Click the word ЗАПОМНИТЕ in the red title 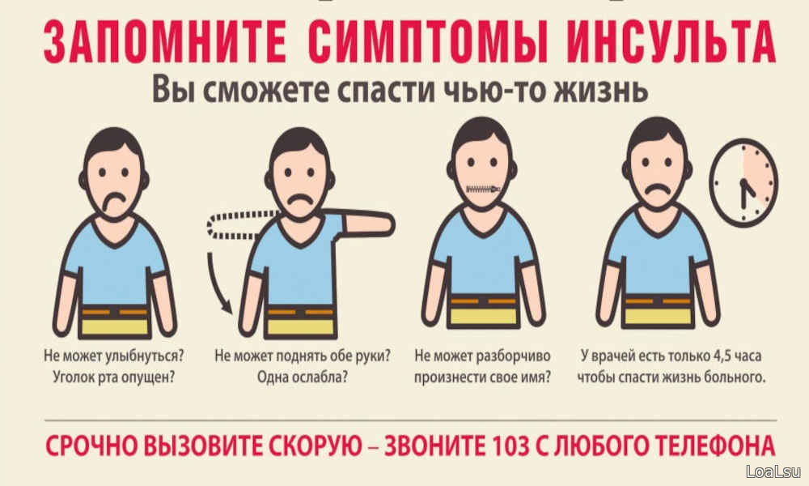[x=165, y=42]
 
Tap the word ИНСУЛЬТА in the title [x=671, y=42]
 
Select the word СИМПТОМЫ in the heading [x=428, y=42]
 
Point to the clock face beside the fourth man [x=743, y=183]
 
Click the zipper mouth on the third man [x=483, y=190]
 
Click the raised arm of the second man [x=368, y=224]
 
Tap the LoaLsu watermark [x=773, y=471]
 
